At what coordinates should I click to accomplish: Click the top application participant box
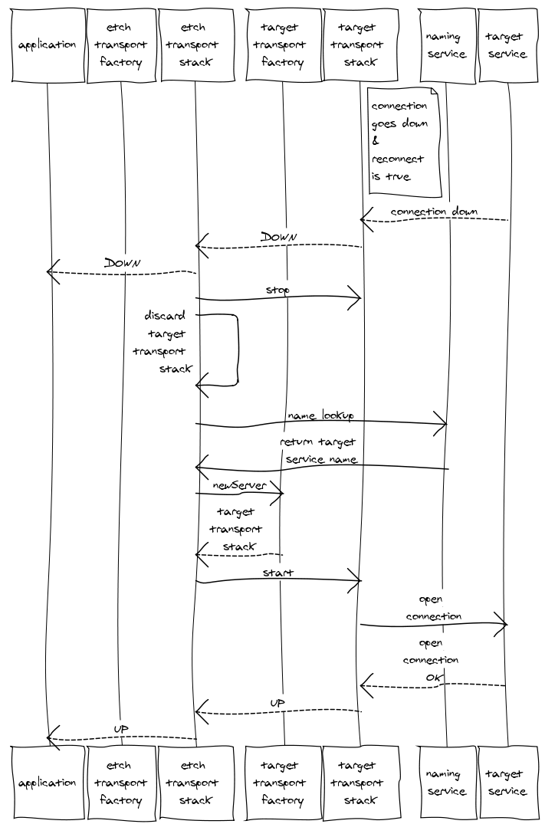(x=48, y=44)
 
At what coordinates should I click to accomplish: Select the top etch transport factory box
(x=120, y=44)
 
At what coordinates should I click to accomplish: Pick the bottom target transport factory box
(x=282, y=783)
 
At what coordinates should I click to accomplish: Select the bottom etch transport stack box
(x=195, y=783)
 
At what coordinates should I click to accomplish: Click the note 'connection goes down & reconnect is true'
(x=402, y=141)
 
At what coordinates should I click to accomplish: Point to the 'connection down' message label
(x=434, y=211)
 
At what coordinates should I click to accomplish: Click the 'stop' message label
(x=277, y=291)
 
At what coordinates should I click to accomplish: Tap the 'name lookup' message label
(x=320, y=415)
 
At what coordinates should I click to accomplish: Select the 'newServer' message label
(x=240, y=485)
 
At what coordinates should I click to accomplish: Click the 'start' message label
(x=277, y=573)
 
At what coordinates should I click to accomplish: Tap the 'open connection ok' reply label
(x=432, y=660)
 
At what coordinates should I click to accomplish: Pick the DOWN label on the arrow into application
(x=123, y=262)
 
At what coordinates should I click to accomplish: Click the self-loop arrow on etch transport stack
(x=235, y=349)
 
